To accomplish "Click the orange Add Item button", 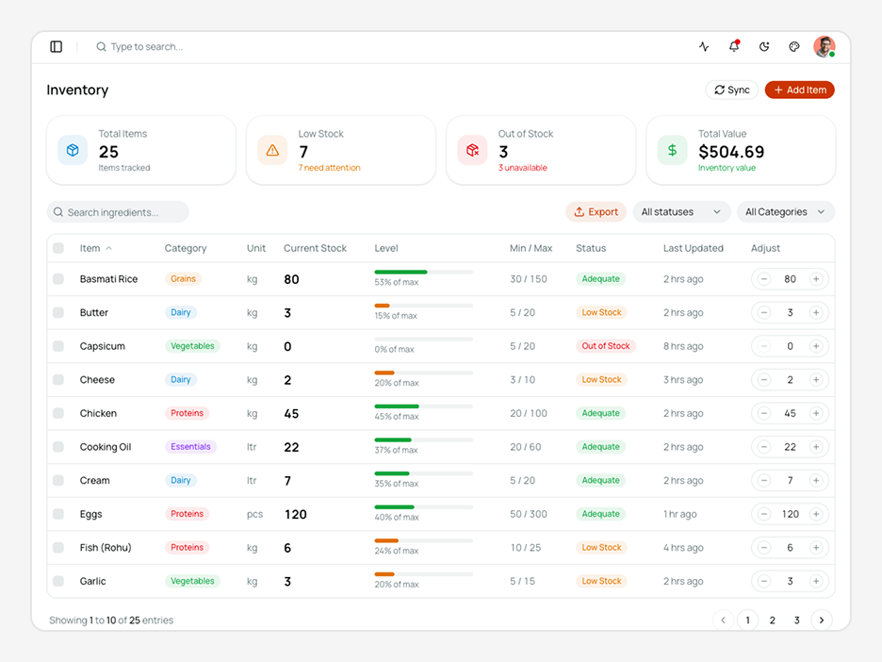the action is [x=799, y=91].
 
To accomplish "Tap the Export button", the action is [x=596, y=212].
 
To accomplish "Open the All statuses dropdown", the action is [x=681, y=212].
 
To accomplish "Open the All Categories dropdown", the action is [x=785, y=212].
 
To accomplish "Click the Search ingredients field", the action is [x=118, y=212].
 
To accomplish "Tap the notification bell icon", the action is [x=734, y=46].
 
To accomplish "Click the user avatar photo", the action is [x=825, y=47].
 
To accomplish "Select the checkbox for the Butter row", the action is [x=58, y=312].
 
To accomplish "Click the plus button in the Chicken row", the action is [x=816, y=413].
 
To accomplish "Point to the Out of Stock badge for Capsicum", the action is [x=606, y=346].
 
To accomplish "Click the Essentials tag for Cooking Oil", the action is [x=190, y=447].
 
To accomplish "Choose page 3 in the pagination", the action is [x=796, y=621].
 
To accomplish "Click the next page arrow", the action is [x=822, y=621].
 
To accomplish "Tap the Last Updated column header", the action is [x=693, y=248].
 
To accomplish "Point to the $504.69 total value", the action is [x=731, y=152].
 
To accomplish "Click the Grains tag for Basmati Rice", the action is [x=184, y=279].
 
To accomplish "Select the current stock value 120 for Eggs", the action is [x=295, y=515].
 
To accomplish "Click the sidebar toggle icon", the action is [x=57, y=47].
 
